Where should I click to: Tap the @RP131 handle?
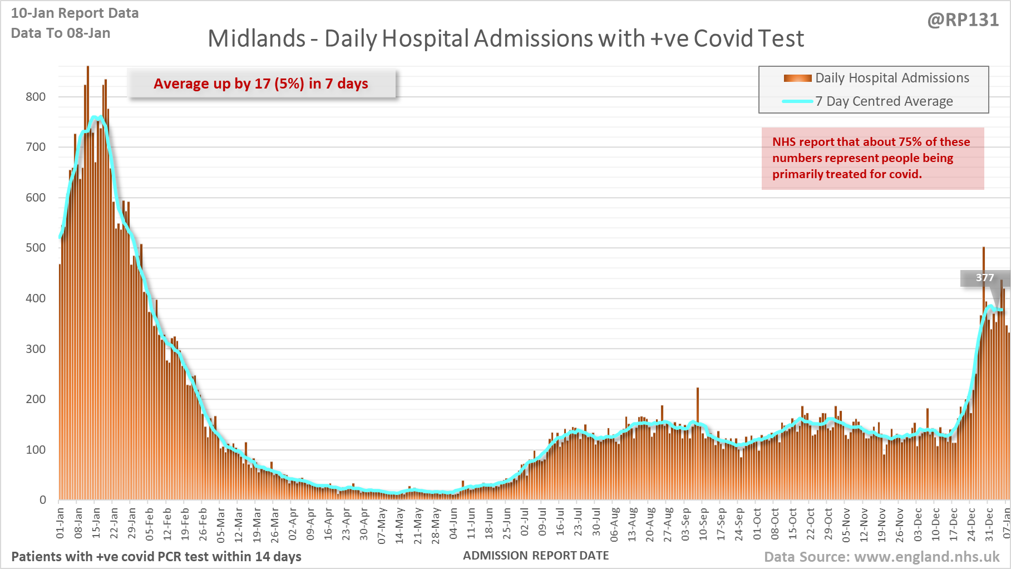963,20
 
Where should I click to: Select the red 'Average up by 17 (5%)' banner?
261,84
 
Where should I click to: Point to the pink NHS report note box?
872,159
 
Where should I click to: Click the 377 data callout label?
984,278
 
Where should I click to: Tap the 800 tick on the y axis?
36,97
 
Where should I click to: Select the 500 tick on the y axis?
36,248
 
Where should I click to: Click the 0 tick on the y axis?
43,500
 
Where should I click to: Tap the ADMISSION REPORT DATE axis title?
536,556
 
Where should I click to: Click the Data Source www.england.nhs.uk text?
882,557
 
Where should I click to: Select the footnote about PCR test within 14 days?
156,557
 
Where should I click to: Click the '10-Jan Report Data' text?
75,13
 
